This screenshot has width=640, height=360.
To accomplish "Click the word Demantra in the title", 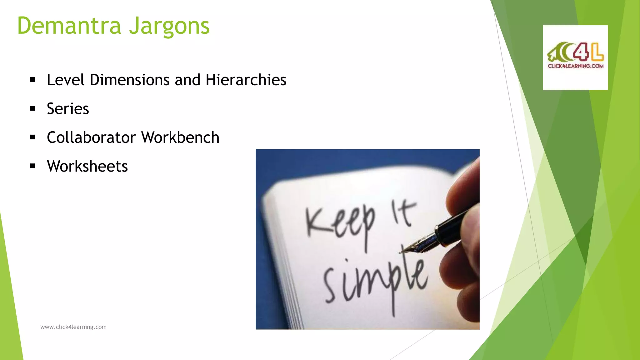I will [69, 26].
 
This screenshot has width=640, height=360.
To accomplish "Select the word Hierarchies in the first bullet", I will [246, 80].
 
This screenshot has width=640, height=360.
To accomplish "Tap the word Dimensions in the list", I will [130, 80].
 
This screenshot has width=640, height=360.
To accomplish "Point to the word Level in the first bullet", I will [66, 80].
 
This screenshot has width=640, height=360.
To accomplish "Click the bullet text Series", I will [68, 109].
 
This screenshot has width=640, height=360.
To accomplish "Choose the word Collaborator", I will [91, 137].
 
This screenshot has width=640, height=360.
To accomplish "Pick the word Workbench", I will [180, 137].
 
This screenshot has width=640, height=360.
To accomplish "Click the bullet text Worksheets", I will [87, 166].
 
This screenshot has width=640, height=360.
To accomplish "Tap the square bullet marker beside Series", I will [32, 109].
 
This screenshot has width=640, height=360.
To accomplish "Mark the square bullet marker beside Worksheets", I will [32, 166].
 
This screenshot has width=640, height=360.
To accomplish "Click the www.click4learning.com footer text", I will [73, 327].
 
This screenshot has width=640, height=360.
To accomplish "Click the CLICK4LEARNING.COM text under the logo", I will [575, 66].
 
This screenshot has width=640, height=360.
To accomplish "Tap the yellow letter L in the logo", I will [597, 52].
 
